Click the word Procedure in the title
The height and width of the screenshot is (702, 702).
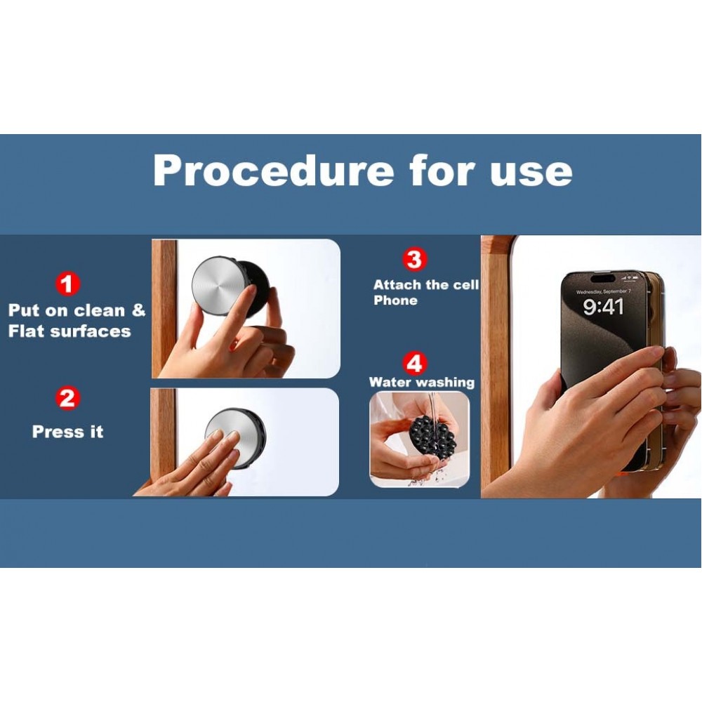coord(274,171)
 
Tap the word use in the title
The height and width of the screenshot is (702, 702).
coord(531,173)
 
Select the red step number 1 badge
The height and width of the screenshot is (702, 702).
coord(67,284)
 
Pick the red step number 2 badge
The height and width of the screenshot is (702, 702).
coord(67,398)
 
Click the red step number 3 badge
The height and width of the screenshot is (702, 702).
coord(415,259)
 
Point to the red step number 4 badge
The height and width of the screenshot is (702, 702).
coord(415,363)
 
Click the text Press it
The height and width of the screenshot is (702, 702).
coord(67,432)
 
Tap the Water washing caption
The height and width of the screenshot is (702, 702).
coord(421,383)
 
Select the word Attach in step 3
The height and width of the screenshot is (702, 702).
coord(397,285)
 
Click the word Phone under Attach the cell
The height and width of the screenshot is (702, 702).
coord(395,300)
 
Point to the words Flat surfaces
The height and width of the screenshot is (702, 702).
coord(69,331)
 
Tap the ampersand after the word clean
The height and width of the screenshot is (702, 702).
coord(139,310)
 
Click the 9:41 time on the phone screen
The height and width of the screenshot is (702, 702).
coord(603,307)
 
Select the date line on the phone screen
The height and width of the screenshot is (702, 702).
coord(603,291)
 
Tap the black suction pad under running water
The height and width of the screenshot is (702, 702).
coord(432,436)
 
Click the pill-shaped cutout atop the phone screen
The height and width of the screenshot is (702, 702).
coord(602,279)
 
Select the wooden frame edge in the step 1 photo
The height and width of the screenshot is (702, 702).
coord(164,308)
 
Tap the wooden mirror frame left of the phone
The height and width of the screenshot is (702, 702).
coord(496,367)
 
